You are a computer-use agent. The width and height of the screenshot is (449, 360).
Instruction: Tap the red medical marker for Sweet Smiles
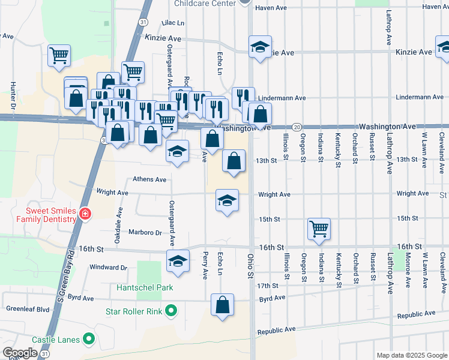pos(85,214)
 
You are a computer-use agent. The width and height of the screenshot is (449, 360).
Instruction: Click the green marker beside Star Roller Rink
pos(171,311)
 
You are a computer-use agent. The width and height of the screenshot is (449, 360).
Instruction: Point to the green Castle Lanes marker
pos(89,340)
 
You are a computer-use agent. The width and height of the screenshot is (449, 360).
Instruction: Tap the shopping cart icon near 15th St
pos(319,228)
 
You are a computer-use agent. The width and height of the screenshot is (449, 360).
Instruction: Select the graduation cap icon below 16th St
pos(178,260)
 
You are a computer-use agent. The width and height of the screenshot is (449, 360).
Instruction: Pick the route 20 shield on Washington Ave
pos(297,127)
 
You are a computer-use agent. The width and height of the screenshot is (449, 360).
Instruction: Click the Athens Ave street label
pos(149,179)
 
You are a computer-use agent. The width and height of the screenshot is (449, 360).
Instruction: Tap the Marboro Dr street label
pos(146,232)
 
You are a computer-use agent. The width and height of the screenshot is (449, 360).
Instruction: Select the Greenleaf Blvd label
pos(28,310)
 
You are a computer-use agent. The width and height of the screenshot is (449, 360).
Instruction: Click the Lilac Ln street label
pos(173,22)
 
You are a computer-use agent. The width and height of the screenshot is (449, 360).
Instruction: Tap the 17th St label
pos(271,286)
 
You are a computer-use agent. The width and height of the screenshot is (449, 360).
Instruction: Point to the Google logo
pos(19,353)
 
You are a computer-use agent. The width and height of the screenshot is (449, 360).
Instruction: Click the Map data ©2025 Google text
pos(411,355)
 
